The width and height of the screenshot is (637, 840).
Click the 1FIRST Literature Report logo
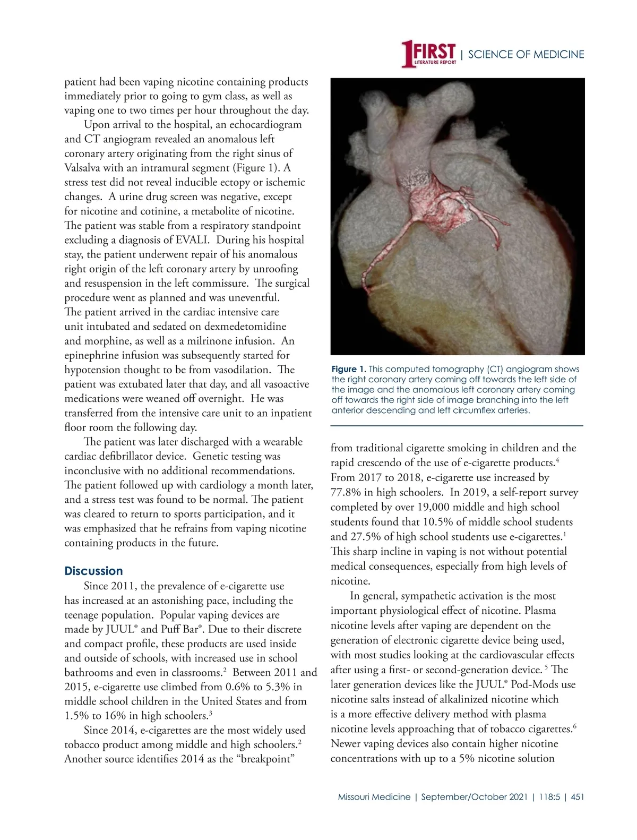tap(428, 54)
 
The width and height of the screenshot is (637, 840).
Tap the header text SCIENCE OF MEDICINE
tap(526, 55)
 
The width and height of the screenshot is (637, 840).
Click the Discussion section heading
tap(93, 571)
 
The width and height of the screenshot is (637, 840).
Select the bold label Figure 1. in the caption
tap(348, 369)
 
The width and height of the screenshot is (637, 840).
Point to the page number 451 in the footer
tap(577, 797)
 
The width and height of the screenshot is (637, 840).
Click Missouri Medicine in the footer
tap(374, 797)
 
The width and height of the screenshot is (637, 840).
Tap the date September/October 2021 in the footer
tap(474, 797)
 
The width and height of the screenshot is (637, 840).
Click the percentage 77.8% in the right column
tap(346, 492)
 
